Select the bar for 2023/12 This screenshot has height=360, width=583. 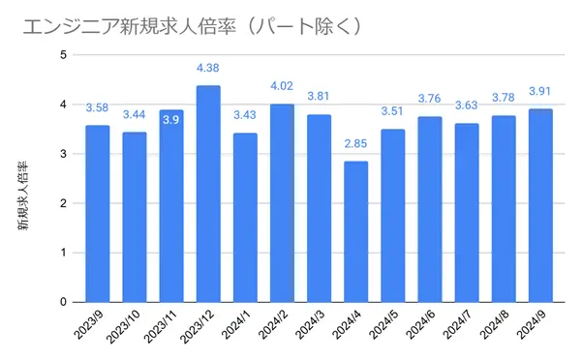pos(208,194)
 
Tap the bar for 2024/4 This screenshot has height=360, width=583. pos(355,231)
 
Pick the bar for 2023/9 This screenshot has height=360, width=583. pos(97,213)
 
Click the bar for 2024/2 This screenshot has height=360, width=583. pos(282,202)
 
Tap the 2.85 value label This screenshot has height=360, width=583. pos(355,143)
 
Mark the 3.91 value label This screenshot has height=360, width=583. pos(540,91)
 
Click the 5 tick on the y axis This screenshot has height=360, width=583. pos(63,55)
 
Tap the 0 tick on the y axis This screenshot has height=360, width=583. pos(63,302)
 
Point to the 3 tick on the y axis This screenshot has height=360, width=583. pos(63,154)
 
